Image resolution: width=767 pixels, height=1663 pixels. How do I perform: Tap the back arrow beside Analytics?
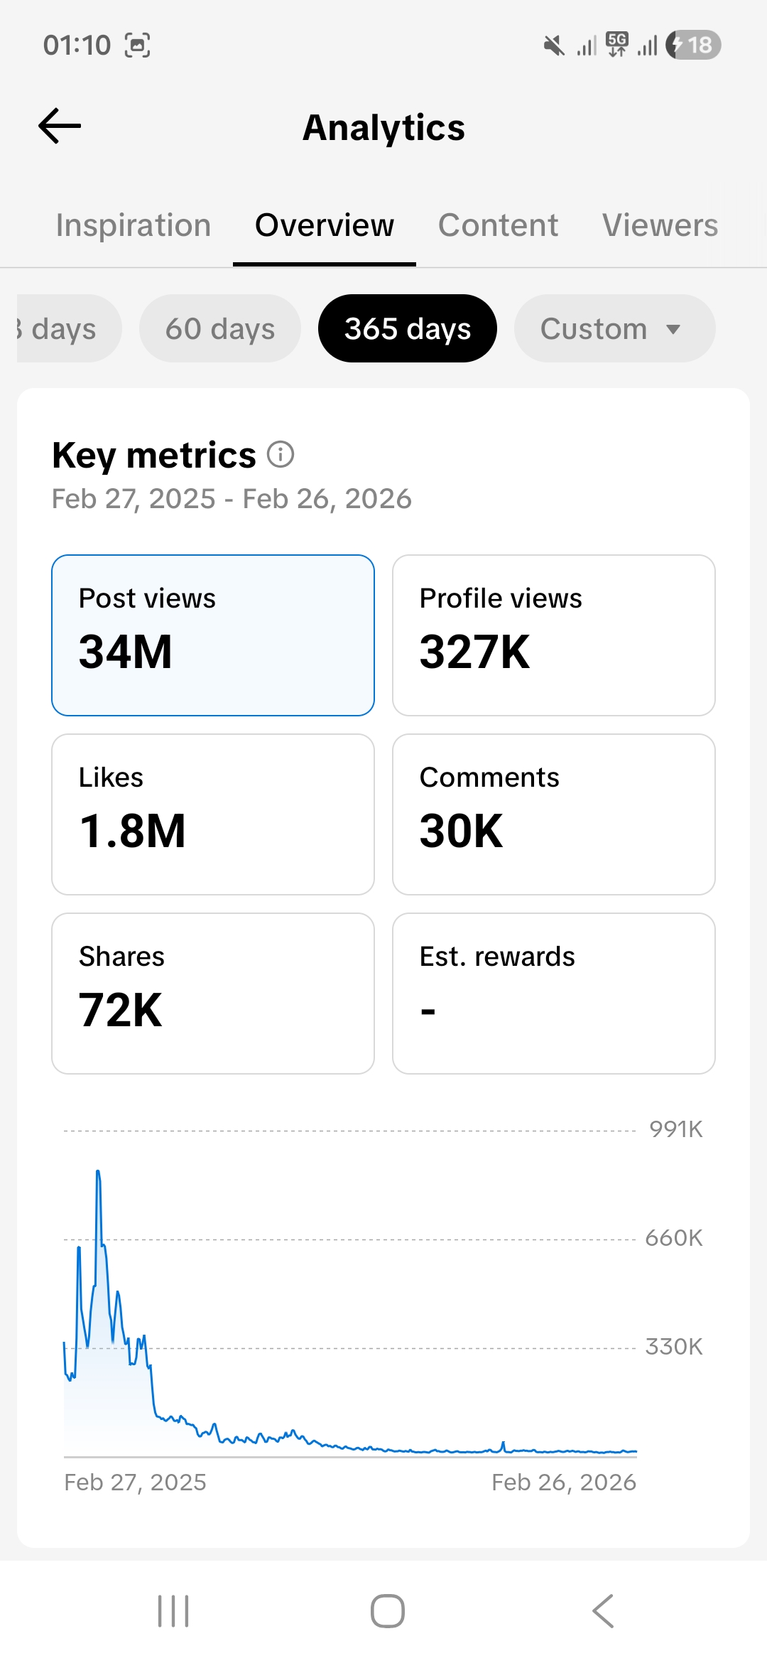click(x=60, y=127)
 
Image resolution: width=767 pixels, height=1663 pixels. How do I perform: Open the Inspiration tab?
click(x=134, y=225)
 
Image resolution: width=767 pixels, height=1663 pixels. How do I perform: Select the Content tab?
click(x=498, y=225)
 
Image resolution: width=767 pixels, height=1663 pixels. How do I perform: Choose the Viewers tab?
click(x=660, y=225)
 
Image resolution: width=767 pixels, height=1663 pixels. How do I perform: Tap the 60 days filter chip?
click(x=220, y=329)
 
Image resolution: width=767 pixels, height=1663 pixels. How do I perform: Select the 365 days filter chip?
click(x=408, y=329)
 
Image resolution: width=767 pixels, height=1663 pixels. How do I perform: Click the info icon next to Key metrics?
click(x=281, y=454)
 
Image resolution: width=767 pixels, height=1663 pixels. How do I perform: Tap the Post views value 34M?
click(x=126, y=652)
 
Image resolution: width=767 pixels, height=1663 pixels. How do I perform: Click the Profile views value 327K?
click(x=474, y=652)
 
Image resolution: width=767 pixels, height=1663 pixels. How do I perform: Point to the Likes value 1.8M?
click(x=132, y=831)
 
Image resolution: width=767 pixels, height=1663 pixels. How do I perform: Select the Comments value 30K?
click(x=462, y=831)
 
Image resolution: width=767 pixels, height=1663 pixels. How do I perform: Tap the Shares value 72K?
click(x=121, y=1010)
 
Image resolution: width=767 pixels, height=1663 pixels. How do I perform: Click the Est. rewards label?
click(x=497, y=957)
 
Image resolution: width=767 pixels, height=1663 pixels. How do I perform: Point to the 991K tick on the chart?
click(x=675, y=1129)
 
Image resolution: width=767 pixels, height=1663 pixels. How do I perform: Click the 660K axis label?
click(x=673, y=1238)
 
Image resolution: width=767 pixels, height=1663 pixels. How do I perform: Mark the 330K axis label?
click(x=673, y=1347)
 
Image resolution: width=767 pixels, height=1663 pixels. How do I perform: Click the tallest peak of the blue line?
click(x=97, y=1171)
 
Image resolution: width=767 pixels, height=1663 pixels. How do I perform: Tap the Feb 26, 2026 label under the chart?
click(x=564, y=1482)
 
